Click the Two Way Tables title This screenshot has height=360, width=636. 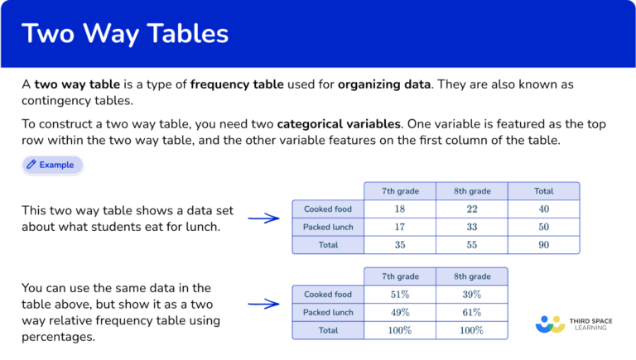pyautogui.click(x=125, y=34)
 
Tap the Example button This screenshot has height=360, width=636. pyautogui.click(x=52, y=165)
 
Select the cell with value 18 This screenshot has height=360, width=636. pyautogui.click(x=400, y=209)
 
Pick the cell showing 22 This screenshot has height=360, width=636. pyautogui.click(x=471, y=209)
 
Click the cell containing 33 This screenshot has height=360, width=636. pyautogui.click(x=471, y=227)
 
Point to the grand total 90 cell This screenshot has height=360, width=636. pyautogui.click(x=543, y=245)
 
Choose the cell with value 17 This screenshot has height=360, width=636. pyautogui.click(x=400, y=227)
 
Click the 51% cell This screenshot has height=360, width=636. pyautogui.click(x=400, y=295)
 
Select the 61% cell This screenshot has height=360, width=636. pyautogui.click(x=471, y=312)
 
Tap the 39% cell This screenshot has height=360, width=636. pyautogui.click(x=471, y=295)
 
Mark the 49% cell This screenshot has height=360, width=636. pyautogui.click(x=400, y=312)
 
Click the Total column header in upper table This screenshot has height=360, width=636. pyautogui.click(x=543, y=191)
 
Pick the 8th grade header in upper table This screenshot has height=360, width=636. pyautogui.click(x=471, y=191)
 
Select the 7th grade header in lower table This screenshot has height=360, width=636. pyautogui.click(x=400, y=276)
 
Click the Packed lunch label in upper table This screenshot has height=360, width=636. pyautogui.click(x=328, y=227)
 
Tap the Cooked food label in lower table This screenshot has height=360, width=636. pyautogui.click(x=328, y=295)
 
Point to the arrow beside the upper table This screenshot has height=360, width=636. pyautogui.click(x=263, y=218)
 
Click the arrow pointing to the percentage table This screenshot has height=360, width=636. pyautogui.click(x=263, y=304)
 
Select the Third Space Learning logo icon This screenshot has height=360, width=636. pyautogui.click(x=550, y=324)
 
